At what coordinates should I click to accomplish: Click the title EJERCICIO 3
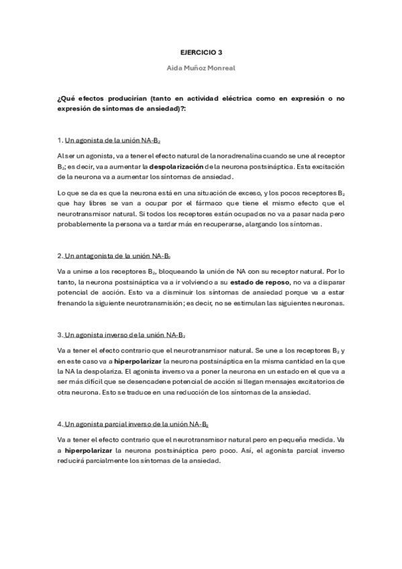click(x=201, y=51)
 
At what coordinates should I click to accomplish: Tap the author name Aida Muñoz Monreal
click(x=201, y=68)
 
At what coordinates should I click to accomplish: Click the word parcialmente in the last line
click(x=105, y=461)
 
